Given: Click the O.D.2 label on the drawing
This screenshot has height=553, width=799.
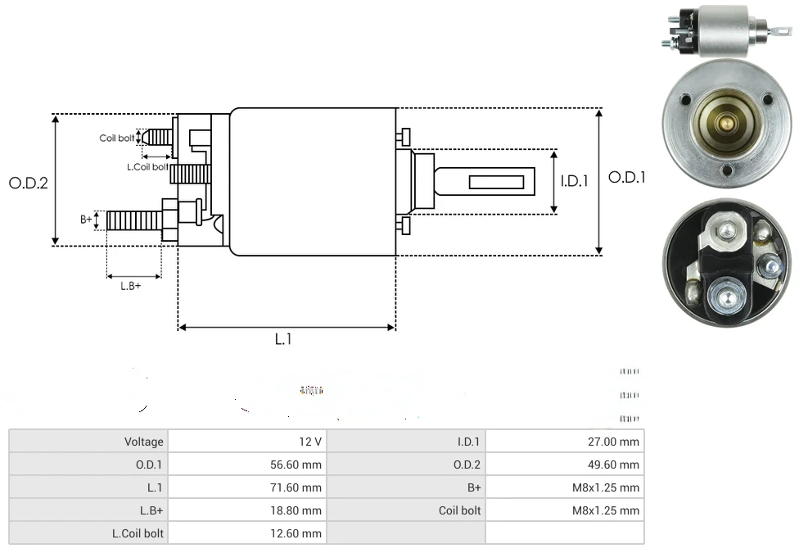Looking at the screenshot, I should pos(29,183).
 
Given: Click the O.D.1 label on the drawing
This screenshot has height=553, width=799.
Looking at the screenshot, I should pos(627,177).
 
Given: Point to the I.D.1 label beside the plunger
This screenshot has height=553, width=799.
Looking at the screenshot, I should pos(575,182).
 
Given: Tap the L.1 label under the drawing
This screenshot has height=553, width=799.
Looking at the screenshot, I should pos(282,339).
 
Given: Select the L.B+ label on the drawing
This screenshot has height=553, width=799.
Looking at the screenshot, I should pos(131,286).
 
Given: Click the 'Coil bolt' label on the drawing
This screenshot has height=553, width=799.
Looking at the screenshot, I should pos(117,138).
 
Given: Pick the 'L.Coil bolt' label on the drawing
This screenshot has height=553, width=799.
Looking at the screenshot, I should pos(147,167).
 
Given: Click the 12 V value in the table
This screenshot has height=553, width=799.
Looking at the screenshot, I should pos(310,442).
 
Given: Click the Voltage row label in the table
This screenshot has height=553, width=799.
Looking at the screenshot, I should pos(143,442).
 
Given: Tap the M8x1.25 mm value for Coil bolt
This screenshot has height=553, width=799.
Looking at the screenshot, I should pos(606,510).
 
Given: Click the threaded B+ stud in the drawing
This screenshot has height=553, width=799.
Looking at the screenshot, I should pos(134,220).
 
